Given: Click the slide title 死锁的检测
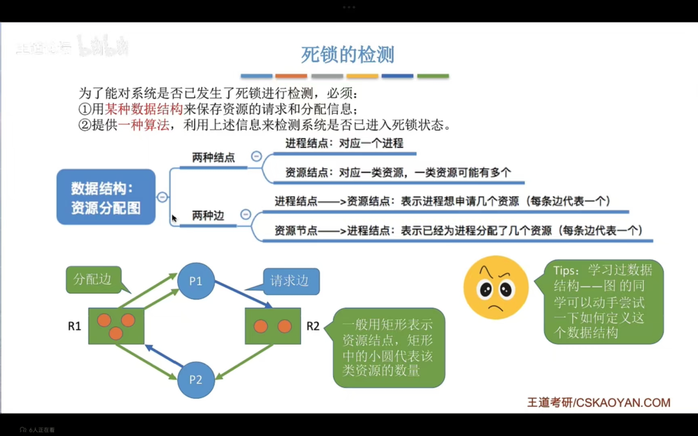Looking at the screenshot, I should pos(347,55).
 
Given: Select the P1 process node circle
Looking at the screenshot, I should pos(196,281).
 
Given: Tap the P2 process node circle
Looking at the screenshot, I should pos(196,379).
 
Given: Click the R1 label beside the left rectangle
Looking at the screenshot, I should pos(74,326).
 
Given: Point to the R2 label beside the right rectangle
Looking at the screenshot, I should pos(313,326).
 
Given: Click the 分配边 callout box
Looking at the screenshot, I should pos(93,279).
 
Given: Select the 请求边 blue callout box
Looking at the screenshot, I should pos(291,281).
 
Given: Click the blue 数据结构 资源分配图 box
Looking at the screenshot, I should pos(106,197).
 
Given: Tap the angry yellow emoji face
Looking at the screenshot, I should pos(496,287).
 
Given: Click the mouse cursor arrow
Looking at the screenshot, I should pos(174,218).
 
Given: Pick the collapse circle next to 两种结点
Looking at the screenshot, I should pos(256,156).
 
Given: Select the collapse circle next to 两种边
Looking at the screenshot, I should pos(246,214).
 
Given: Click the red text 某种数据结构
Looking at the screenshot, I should pos(144,109).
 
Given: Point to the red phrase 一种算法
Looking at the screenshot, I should pos(144,125).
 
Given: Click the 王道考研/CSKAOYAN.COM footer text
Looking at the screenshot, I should pos(599,402).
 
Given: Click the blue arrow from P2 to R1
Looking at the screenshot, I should pos(164,356).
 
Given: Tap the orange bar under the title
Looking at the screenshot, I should pos(291,76).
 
